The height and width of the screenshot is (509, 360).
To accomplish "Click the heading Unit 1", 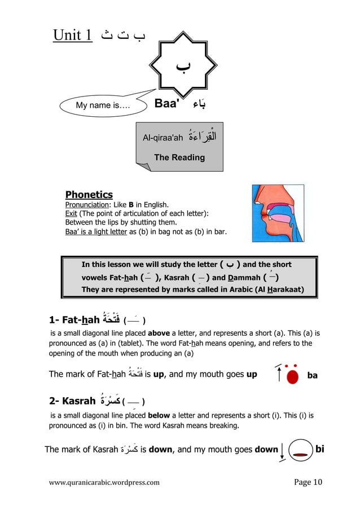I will click(x=73, y=36).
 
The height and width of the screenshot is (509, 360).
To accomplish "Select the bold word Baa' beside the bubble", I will click(x=167, y=104).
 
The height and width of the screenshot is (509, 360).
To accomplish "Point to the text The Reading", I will click(x=179, y=157).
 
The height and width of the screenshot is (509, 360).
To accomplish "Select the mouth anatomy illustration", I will click(x=278, y=213).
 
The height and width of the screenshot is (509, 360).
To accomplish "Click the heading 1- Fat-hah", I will click(x=74, y=320).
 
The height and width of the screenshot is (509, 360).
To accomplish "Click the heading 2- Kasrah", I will click(x=72, y=401).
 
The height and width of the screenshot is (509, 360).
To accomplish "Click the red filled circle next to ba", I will click(x=292, y=376).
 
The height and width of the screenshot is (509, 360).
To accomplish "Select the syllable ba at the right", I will click(x=312, y=375).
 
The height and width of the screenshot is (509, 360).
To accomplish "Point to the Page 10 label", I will click(x=308, y=482).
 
